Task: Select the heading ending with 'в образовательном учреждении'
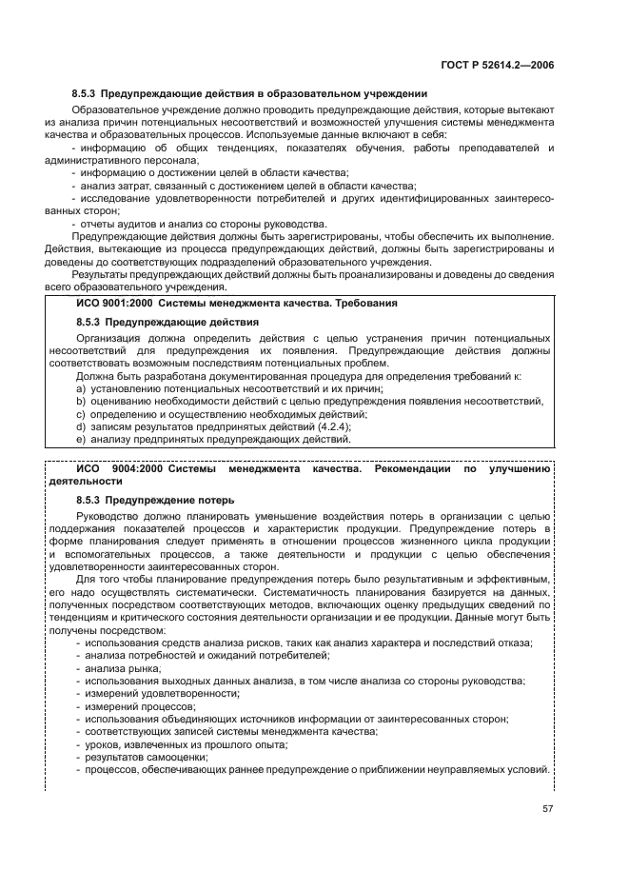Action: (249, 94)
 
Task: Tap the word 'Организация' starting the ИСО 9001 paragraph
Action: (108, 338)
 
